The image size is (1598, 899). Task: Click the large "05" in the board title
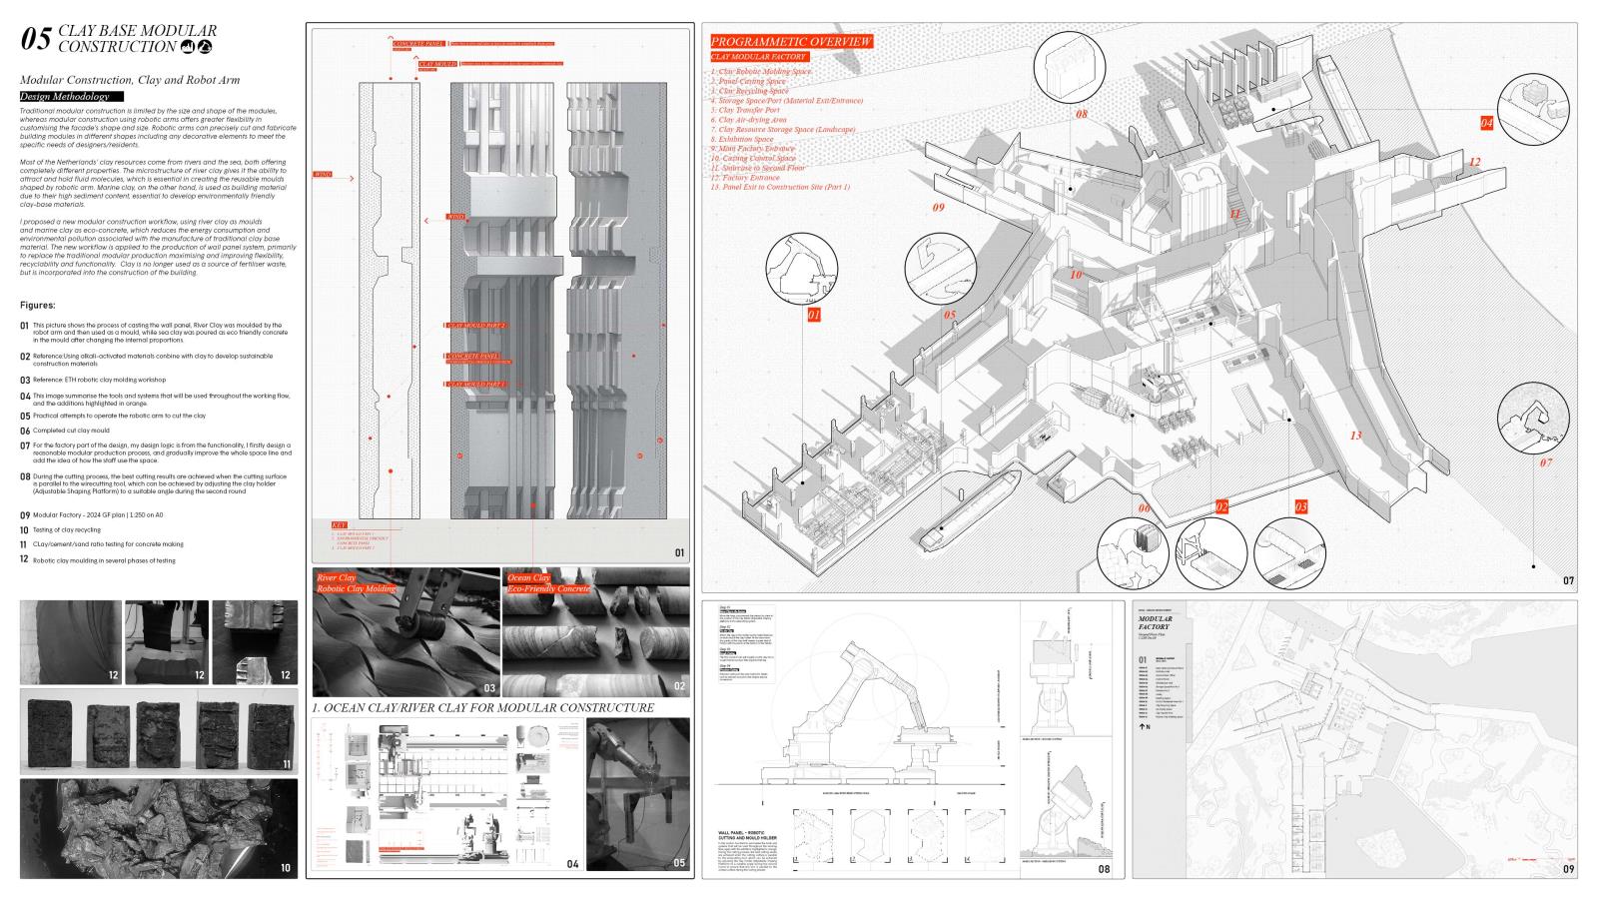tap(36, 39)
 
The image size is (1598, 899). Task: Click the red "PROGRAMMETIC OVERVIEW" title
tap(791, 42)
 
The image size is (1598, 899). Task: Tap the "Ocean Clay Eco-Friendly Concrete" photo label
tap(547, 583)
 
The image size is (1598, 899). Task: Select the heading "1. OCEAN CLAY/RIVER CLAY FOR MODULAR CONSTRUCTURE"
tap(482, 707)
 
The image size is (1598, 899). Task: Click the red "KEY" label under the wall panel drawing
tap(340, 525)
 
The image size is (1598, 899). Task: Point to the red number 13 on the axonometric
tap(1355, 436)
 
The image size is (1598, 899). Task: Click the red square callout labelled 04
tap(1486, 123)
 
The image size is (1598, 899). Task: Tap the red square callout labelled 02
tap(1221, 507)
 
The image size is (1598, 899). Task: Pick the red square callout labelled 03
tap(1300, 507)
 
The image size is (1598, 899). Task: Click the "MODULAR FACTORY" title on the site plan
tap(1156, 623)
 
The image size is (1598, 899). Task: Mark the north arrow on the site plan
tap(1146, 726)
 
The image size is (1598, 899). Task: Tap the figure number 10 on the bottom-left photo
tap(286, 868)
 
